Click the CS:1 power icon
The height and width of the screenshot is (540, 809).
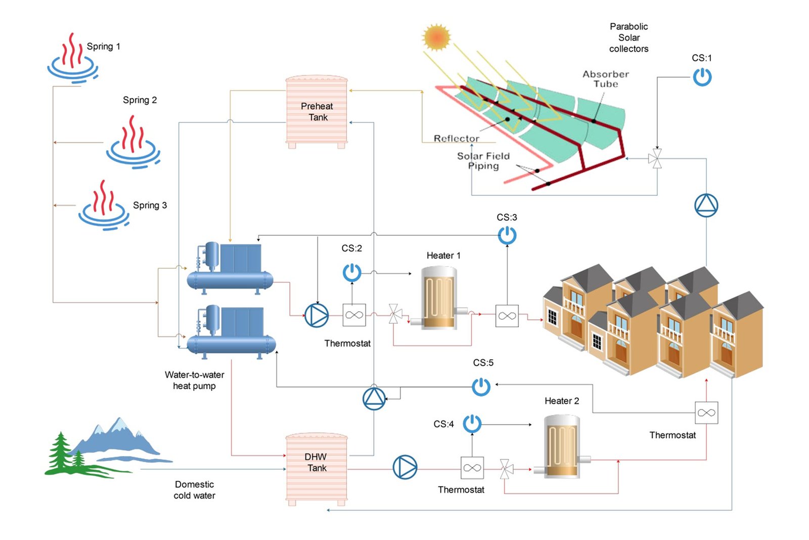(702, 77)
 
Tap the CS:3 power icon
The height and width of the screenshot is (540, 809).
(507, 235)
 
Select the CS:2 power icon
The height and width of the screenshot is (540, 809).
(352, 272)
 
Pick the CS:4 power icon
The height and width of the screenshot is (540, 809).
(472, 424)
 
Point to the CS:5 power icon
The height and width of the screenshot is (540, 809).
(481, 387)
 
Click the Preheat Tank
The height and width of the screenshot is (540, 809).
(317, 112)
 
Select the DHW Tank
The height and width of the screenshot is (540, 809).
(317, 469)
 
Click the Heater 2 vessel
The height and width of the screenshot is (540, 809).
(562, 446)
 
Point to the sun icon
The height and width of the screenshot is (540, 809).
(436, 37)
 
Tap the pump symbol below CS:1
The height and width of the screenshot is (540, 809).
(706, 205)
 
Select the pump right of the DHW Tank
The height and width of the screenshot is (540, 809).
(405, 467)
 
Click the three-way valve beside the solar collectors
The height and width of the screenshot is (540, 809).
(656, 158)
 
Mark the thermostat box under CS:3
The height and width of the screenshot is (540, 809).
(507, 316)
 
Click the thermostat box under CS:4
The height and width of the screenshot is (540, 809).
(472, 468)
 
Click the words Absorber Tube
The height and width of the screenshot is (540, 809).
(606, 79)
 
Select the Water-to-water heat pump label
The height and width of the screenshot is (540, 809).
(194, 380)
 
